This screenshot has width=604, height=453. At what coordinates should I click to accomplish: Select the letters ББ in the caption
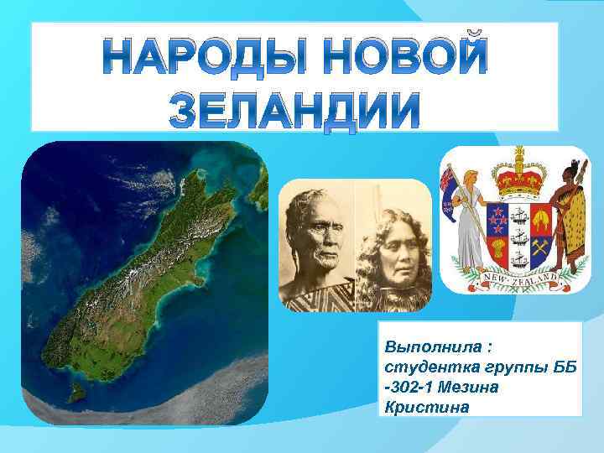tap(555, 367)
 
